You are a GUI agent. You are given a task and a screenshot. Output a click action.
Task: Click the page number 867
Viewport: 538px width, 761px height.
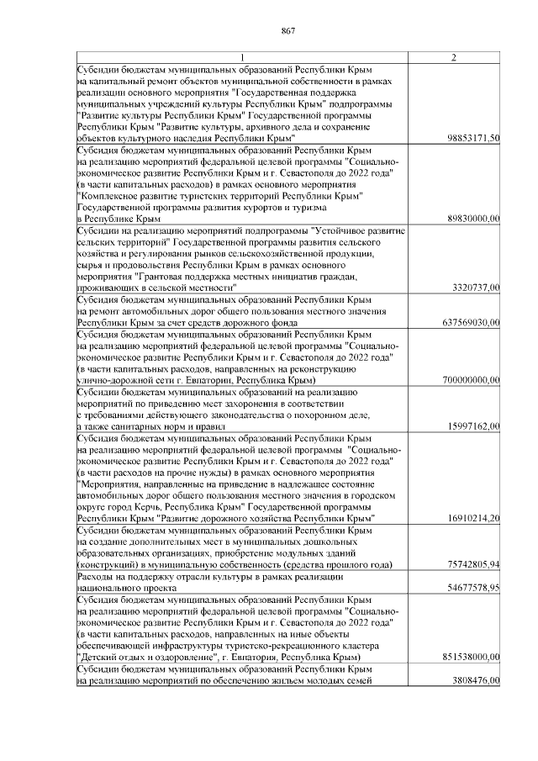287,31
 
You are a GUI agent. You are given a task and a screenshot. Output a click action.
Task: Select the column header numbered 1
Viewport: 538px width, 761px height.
240,57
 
